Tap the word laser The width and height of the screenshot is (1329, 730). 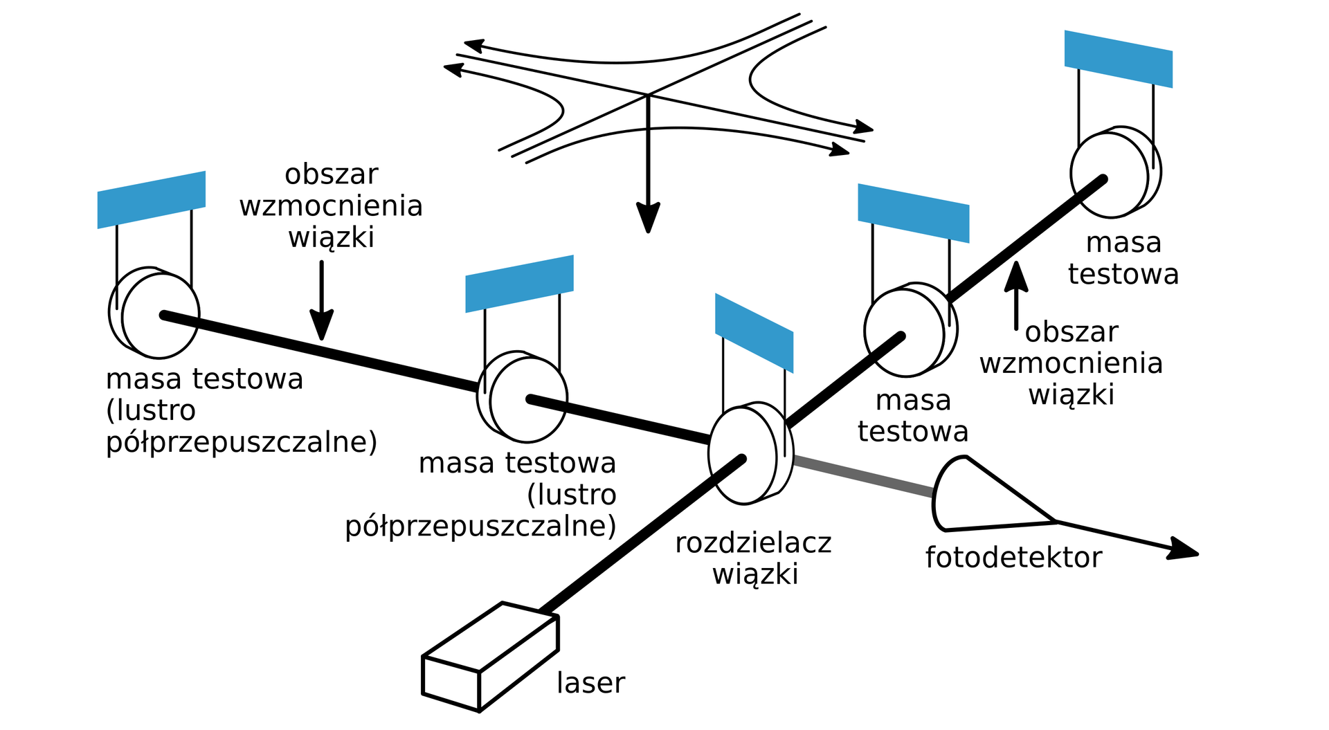point(590,683)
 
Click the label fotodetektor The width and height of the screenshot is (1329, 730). point(1013,558)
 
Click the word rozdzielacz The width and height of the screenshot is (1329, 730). point(753,543)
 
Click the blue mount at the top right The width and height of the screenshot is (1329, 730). point(1118,59)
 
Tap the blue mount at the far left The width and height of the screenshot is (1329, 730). point(152,199)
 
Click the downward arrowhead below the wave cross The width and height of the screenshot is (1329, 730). point(648,219)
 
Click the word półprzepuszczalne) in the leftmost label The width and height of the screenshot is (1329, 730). point(242,442)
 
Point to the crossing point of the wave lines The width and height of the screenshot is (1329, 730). point(648,95)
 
